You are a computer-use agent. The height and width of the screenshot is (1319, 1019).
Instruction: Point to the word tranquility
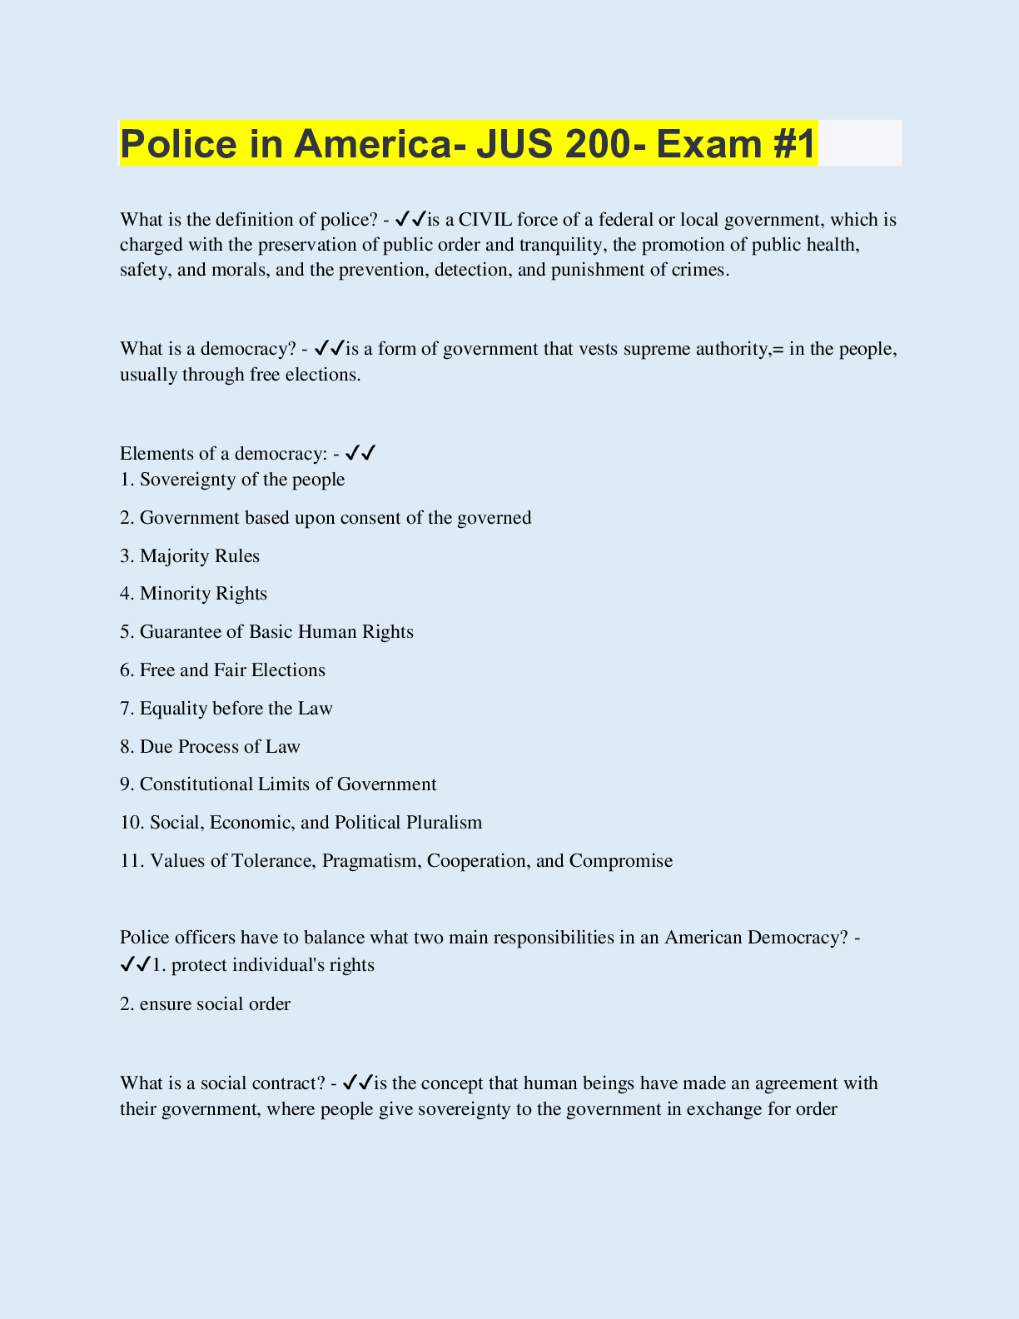coord(561,245)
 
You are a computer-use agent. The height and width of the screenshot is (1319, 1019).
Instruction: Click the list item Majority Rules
coord(199,555)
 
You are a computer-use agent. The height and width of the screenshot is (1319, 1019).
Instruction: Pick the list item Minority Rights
coord(203,594)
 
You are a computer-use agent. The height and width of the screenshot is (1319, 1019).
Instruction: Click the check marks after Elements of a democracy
coord(360,454)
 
